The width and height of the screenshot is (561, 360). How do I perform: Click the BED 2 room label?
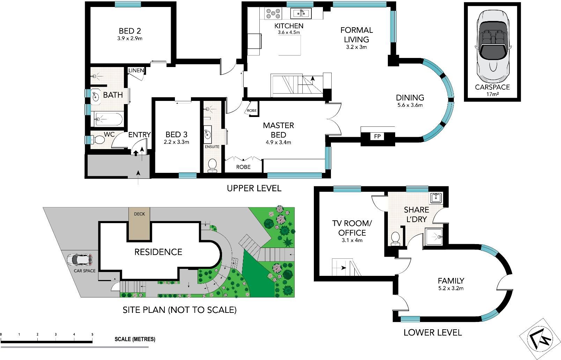[130, 31]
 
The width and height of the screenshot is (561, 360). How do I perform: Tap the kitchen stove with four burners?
[273, 13]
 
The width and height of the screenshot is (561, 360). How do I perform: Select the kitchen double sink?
[301, 13]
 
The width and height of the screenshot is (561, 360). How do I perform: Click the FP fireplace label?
[377, 136]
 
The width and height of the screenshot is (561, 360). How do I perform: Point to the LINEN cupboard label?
[136, 71]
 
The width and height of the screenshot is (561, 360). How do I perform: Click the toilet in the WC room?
[98, 140]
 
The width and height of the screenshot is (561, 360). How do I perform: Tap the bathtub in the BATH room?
[109, 119]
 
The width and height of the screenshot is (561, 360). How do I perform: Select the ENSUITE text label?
[212, 147]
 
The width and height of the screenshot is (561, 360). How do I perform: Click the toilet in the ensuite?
[212, 166]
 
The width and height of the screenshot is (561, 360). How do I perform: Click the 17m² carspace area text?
[492, 94]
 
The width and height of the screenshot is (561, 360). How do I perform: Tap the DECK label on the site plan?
[139, 214]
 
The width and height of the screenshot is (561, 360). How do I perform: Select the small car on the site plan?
[80, 259]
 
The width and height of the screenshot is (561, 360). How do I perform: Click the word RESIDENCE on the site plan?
[158, 252]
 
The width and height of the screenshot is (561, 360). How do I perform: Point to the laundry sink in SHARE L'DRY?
[436, 198]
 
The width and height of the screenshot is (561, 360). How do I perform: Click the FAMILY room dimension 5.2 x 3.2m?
[451, 288]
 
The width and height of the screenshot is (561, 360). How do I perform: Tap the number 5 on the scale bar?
[92, 335]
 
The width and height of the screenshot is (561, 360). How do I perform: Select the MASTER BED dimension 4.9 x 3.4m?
[278, 142]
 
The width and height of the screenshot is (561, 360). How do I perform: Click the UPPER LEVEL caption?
[254, 188]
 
